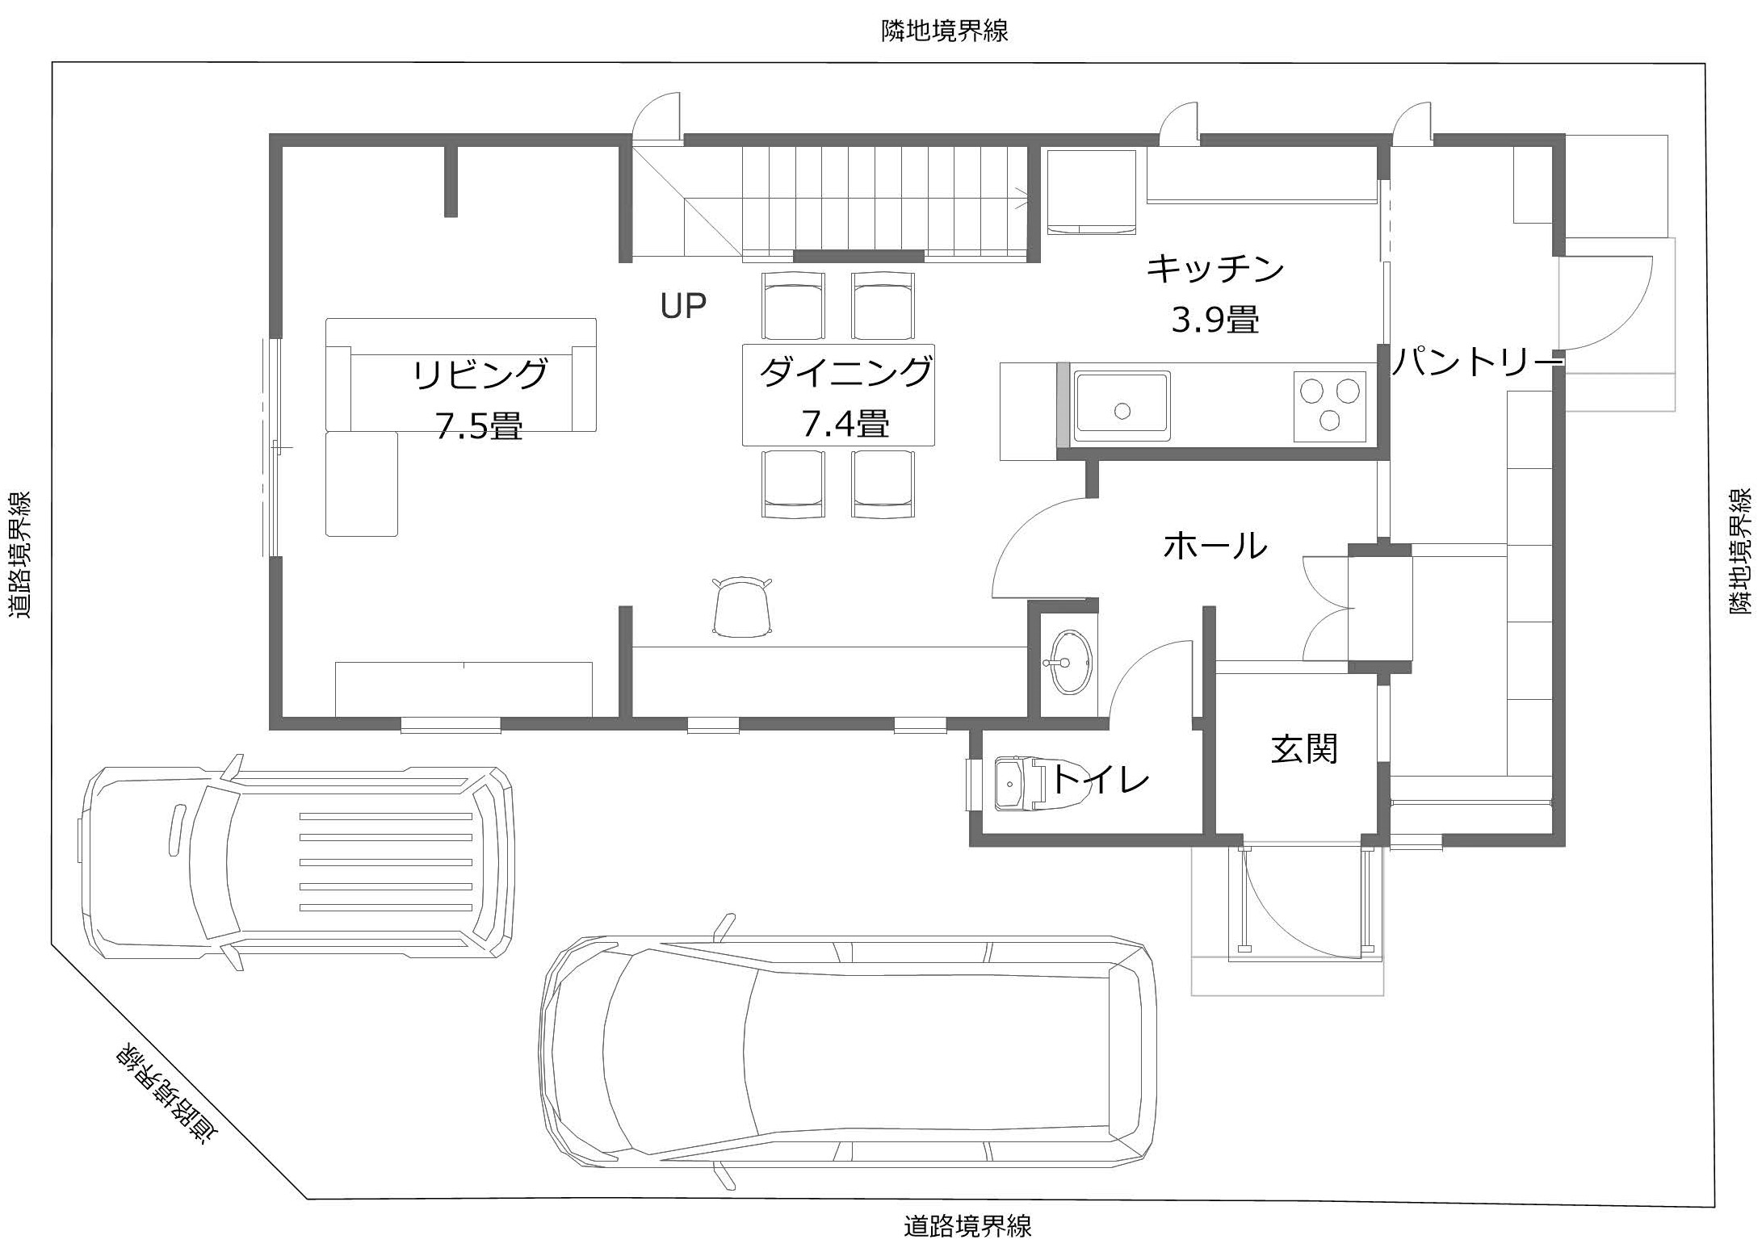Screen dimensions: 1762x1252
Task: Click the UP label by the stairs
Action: pos(683,306)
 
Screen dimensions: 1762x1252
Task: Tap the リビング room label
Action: pos(480,375)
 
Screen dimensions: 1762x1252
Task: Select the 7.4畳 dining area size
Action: pos(845,424)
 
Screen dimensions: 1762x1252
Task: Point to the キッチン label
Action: pos(1215,268)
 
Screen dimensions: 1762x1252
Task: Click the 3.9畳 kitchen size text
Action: pos(1215,320)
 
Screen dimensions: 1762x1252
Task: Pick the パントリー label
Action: pos(1475,362)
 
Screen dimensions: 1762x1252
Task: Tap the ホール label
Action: pos(1215,546)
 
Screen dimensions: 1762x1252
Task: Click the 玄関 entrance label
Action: pos(1305,748)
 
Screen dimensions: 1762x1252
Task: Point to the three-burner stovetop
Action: pos(1329,406)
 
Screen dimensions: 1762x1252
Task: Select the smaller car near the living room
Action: pos(297,862)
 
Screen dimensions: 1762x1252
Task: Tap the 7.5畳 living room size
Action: pos(480,425)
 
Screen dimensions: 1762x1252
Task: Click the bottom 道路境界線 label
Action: pos(967,1228)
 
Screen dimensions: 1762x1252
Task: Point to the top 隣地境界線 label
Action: pos(944,31)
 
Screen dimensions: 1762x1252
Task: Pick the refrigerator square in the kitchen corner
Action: pos(1091,191)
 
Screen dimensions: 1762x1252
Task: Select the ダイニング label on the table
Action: pos(845,372)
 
